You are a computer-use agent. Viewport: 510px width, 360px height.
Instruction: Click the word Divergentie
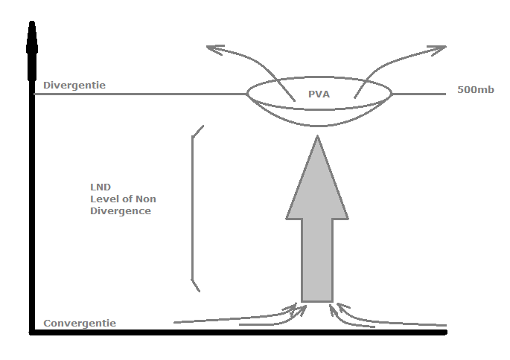click(x=74, y=85)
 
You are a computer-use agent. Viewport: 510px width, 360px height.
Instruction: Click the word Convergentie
click(x=80, y=323)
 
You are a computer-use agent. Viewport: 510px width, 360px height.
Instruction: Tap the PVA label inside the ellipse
click(x=319, y=94)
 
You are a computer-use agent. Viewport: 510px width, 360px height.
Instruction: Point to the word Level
click(x=102, y=199)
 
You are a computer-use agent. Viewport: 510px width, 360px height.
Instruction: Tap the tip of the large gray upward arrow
click(x=318, y=139)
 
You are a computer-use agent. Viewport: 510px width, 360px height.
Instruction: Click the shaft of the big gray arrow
click(x=317, y=260)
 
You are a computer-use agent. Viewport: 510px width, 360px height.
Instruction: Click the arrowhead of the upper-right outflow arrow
click(x=439, y=49)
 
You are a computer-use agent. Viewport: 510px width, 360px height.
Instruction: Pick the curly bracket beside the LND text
click(x=194, y=208)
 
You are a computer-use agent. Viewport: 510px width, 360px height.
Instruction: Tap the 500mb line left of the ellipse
click(x=141, y=94)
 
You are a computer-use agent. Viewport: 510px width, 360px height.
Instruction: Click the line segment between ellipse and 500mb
click(x=417, y=94)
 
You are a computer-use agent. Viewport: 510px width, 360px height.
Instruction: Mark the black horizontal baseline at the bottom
click(x=238, y=332)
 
